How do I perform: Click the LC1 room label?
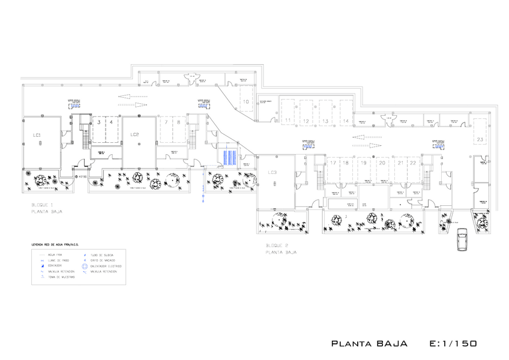pos(37,136)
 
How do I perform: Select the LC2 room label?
pos(135,135)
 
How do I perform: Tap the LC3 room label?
pos(272,173)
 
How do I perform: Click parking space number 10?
pos(245,102)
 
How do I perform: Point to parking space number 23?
pos(480,139)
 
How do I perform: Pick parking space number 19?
pos(363,163)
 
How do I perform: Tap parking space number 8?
pos(178,122)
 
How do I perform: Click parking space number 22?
pos(413,163)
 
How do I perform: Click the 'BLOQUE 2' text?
pos(278,246)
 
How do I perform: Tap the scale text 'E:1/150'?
pos(453,344)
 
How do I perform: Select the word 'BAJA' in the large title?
pos(392,344)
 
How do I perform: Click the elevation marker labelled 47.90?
pos(80,177)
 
